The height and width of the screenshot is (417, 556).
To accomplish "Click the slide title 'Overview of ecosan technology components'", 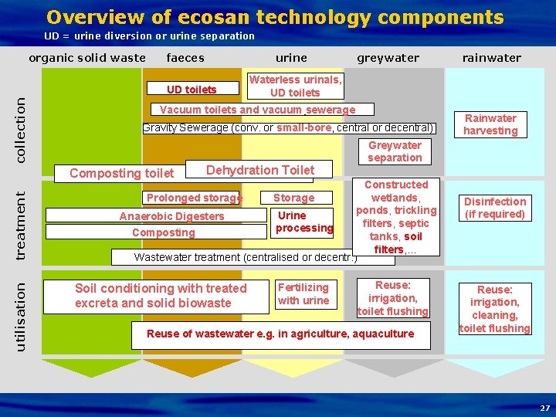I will [x=275, y=17].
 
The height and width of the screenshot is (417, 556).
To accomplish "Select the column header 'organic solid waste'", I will [x=87, y=58].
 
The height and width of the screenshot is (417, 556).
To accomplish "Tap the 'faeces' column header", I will [x=185, y=58].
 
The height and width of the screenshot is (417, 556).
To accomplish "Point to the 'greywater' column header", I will [x=388, y=58].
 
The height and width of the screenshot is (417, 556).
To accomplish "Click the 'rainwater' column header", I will [x=491, y=58].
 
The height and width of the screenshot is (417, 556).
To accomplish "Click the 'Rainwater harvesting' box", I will [x=490, y=124].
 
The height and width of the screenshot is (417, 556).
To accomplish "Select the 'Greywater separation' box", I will [x=395, y=151].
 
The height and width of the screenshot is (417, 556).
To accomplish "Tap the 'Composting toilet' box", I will [x=122, y=174].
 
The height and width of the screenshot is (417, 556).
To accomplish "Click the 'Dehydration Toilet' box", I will [x=259, y=170].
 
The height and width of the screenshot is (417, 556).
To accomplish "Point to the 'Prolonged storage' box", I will [x=195, y=198].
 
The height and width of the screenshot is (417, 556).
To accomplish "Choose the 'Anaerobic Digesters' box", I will [x=171, y=216].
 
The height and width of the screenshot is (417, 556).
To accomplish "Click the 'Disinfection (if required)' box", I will [x=494, y=208].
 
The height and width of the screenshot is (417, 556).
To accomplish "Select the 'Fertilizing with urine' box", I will [x=303, y=294].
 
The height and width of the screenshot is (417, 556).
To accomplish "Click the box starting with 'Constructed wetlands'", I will [x=396, y=217].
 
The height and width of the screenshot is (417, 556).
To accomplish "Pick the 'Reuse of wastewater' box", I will [x=280, y=334].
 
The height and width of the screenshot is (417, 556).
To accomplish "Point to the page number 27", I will [x=544, y=408].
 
